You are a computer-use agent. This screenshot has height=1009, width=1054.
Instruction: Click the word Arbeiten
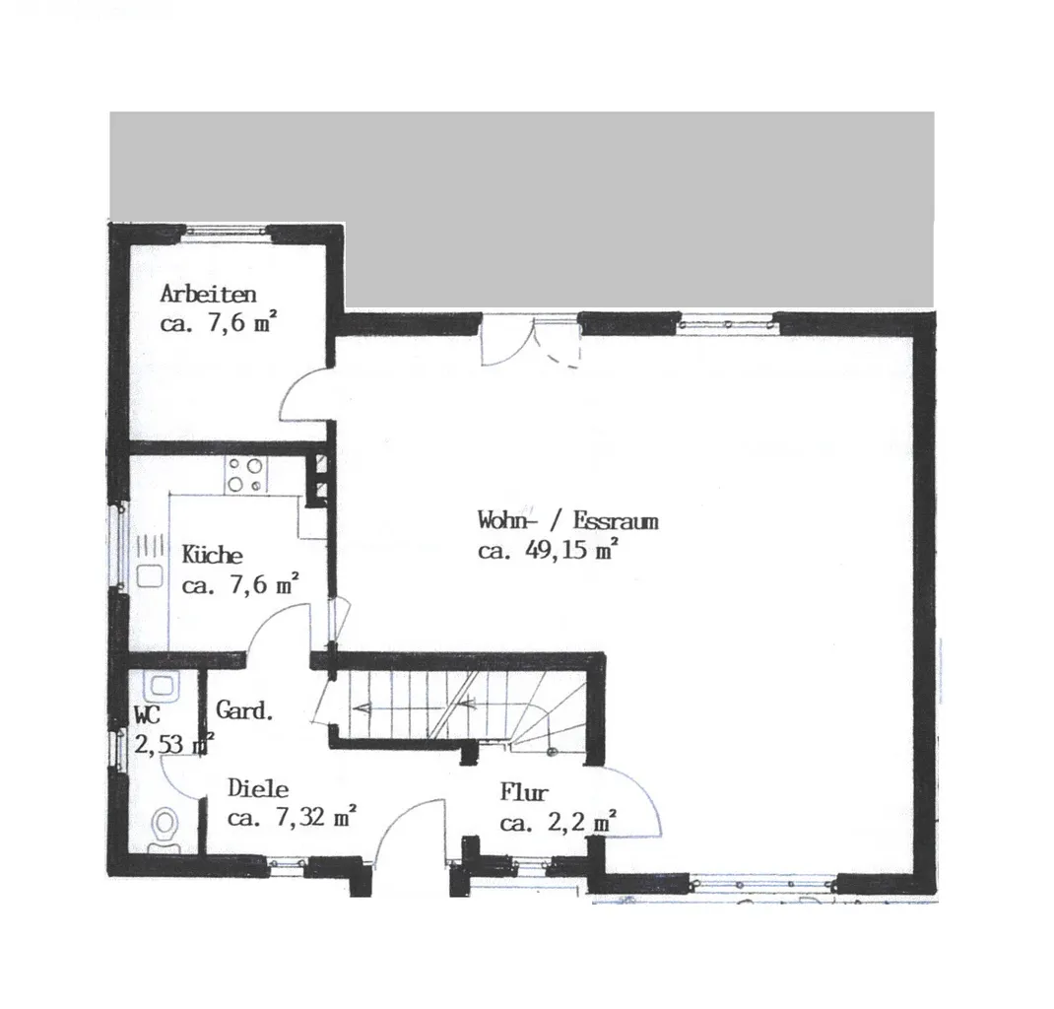[x=209, y=294]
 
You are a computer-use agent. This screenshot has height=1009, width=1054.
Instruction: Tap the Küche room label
[x=213, y=555]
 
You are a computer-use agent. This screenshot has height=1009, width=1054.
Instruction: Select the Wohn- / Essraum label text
[x=568, y=520]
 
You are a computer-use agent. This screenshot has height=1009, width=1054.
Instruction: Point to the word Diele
[x=258, y=788]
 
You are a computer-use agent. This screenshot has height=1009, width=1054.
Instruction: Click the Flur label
[x=524, y=792]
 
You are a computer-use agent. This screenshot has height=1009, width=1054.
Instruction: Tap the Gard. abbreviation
[x=244, y=709]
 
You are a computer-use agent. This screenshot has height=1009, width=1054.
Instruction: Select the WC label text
[x=147, y=714]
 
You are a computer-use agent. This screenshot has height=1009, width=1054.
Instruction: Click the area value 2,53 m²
[x=174, y=744]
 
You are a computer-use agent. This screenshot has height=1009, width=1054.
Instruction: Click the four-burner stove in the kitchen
[x=246, y=475]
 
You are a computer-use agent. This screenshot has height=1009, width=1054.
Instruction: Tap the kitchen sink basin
[x=150, y=576]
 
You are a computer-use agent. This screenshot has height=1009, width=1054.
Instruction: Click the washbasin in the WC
[x=162, y=686]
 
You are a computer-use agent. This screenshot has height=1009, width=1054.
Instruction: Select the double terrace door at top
[x=530, y=342]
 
